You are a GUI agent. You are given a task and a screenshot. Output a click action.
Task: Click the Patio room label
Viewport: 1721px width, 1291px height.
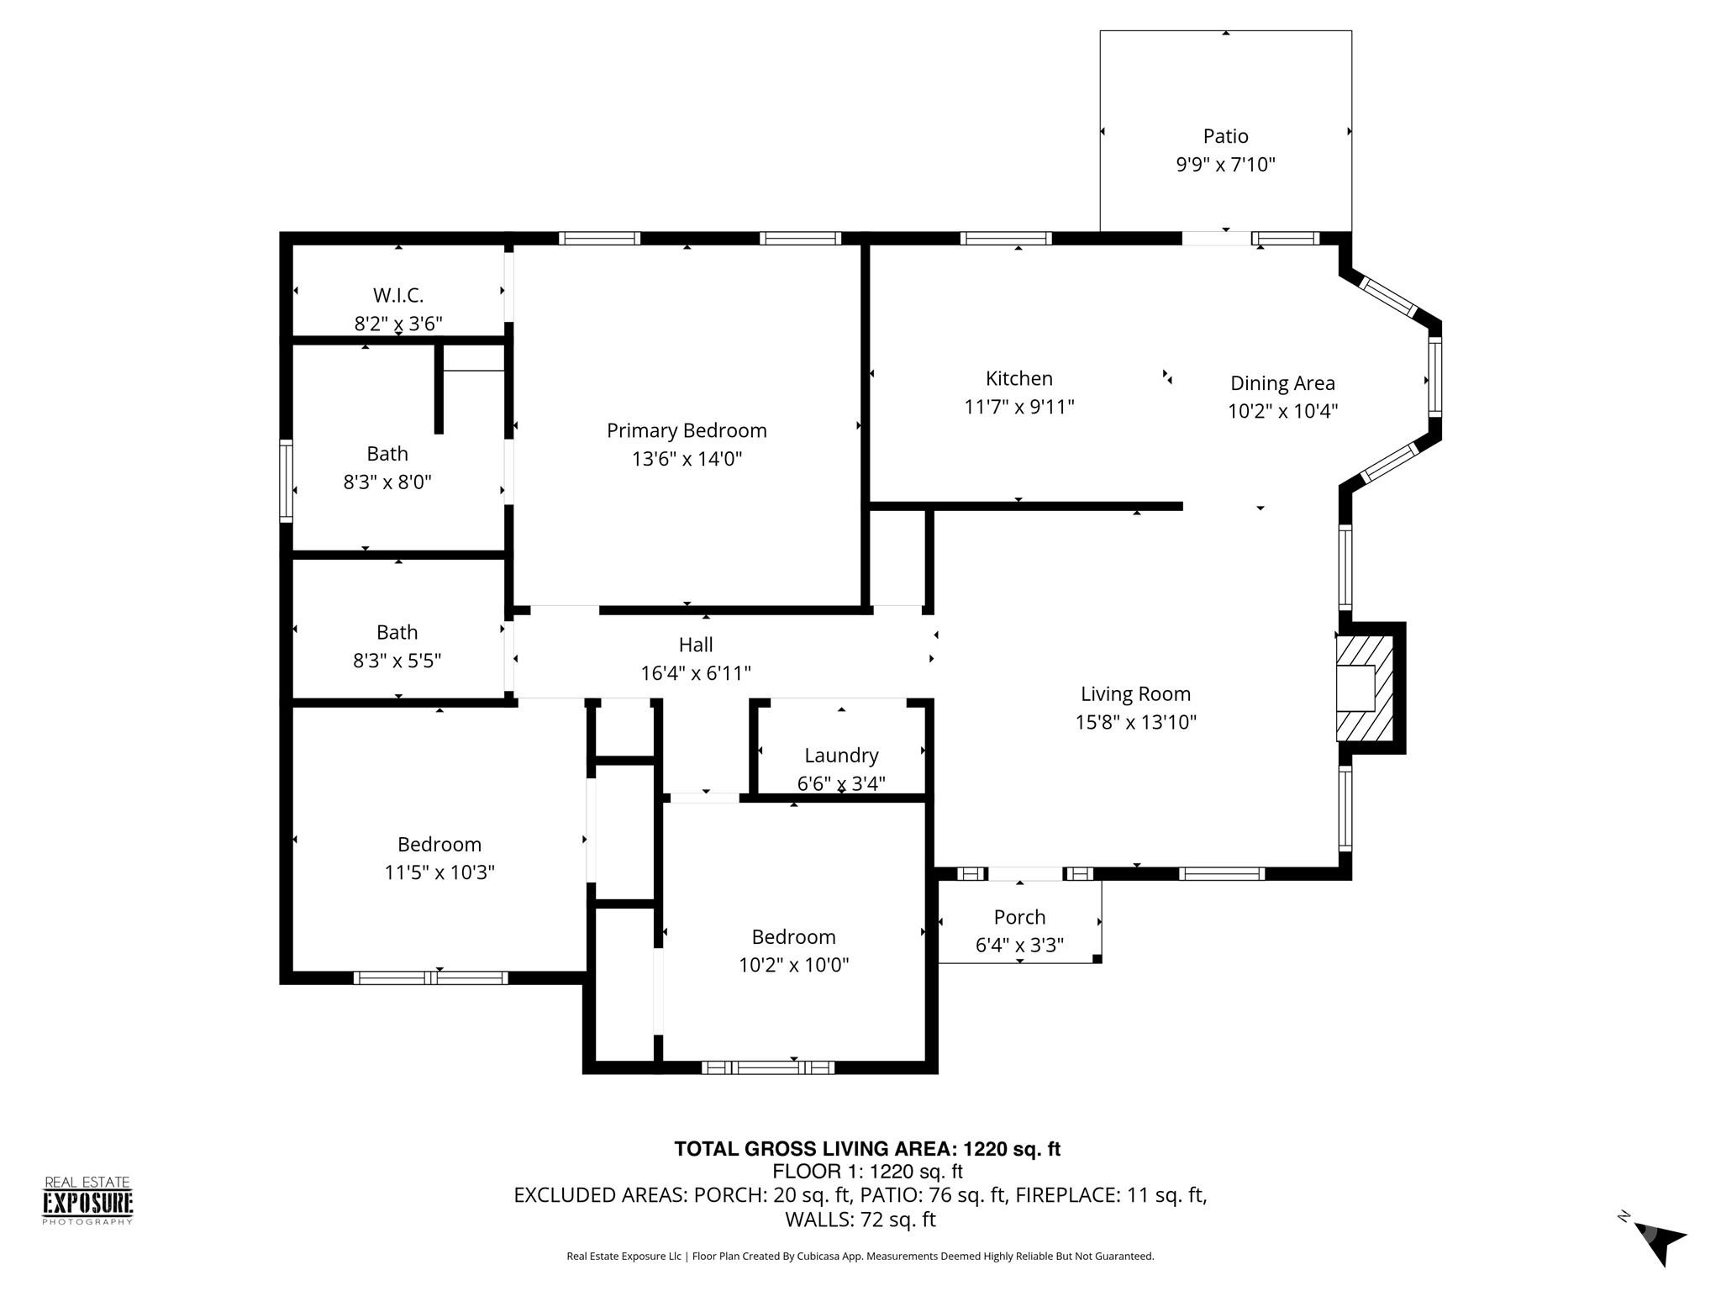click(x=1225, y=136)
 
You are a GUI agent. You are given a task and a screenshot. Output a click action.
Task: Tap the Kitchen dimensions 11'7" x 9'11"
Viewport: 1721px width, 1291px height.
click(x=1018, y=407)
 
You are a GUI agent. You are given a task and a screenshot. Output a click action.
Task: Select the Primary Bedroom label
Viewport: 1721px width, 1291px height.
click(x=687, y=430)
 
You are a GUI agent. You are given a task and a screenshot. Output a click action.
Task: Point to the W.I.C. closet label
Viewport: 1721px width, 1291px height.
click(x=398, y=295)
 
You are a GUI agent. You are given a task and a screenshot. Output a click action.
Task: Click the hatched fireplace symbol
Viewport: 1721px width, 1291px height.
click(x=1365, y=688)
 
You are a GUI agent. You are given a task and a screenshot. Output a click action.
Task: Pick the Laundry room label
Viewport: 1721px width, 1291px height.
click(x=841, y=756)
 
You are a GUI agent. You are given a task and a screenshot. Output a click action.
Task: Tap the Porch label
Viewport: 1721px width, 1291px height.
click(x=1019, y=917)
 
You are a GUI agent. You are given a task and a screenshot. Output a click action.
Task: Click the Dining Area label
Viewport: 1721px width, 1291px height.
click(x=1282, y=383)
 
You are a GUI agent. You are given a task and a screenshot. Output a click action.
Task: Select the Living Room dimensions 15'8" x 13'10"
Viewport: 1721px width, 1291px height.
click(x=1135, y=722)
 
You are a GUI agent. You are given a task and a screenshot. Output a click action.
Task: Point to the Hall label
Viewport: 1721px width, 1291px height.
click(x=696, y=645)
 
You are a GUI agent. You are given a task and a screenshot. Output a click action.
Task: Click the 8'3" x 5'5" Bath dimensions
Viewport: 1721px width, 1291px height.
click(x=397, y=661)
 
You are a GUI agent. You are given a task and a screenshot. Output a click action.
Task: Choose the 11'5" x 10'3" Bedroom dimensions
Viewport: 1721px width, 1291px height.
click(x=439, y=872)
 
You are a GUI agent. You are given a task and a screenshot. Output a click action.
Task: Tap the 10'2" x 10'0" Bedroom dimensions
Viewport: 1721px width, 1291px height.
click(x=793, y=965)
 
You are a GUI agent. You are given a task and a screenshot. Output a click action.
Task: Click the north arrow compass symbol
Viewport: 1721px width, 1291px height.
click(x=1655, y=1241)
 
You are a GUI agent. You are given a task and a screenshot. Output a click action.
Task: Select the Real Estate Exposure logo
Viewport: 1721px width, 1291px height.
click(x=87, y=1201)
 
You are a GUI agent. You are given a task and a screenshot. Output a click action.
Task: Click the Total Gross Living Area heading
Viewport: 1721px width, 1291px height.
click(x=867, y=1149)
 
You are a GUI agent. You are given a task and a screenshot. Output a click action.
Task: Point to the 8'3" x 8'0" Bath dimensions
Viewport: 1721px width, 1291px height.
click(x=387, y=482)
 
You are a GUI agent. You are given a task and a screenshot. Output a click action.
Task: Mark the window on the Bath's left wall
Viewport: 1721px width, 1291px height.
click(x=286, y=481)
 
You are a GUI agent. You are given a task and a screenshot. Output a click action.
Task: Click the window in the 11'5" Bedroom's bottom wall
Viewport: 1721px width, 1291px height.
click(x=430, y=977)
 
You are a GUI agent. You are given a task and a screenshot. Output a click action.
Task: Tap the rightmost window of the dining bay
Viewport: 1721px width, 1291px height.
click(x=1435, y=376)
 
